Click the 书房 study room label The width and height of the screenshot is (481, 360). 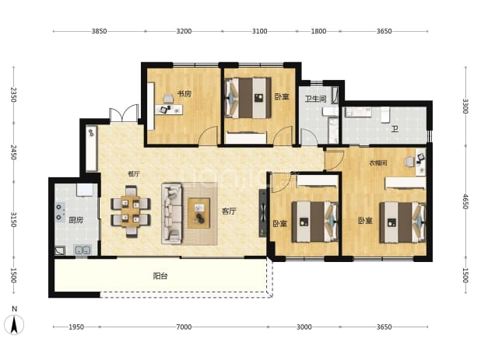(184, 93)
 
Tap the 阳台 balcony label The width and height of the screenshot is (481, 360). (160, 276)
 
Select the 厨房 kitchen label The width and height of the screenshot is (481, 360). (75, 220)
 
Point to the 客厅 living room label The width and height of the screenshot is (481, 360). (229, 211)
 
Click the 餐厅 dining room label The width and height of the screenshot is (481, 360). (134, 173)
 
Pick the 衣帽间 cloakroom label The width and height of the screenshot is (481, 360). (378, 163)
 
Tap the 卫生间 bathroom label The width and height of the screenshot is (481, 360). (315, 99)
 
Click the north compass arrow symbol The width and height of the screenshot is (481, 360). (14, 324)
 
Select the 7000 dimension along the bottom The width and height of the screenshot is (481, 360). (184, 327)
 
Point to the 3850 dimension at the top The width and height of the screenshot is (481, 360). (99, 31)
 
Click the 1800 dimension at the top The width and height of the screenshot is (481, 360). (319, 31)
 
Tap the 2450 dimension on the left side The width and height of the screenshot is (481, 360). (13, 152)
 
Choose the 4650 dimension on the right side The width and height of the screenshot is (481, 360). (465, 201)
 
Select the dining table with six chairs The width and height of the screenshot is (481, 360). (131, 211)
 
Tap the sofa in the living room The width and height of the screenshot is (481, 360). (172, 213)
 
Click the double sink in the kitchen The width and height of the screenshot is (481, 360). (83, 250)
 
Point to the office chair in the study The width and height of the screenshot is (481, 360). (168, 98)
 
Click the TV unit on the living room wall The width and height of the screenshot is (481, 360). (262, 213)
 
